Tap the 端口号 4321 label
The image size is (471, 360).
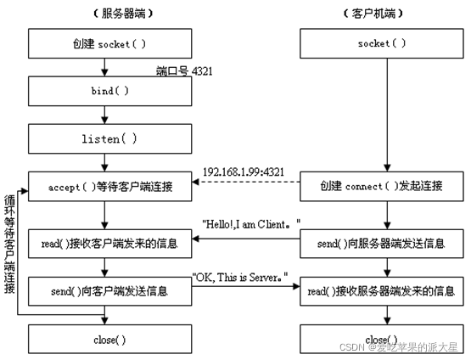click(x=184, y=70)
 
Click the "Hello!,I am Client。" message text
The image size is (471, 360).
click(x=252, y=224)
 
